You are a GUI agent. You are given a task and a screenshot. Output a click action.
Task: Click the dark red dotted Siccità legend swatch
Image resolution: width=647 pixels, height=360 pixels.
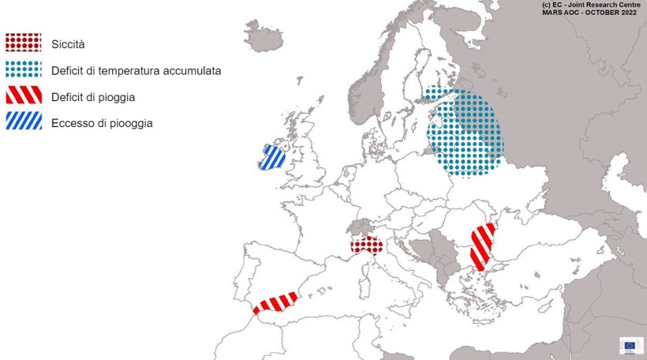24,43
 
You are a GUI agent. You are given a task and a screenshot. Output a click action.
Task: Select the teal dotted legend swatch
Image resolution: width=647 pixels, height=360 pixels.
24,69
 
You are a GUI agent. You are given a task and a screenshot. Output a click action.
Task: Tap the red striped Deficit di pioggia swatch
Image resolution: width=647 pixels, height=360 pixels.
24,96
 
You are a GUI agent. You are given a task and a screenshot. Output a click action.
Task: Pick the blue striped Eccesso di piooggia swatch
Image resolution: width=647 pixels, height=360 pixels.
24,122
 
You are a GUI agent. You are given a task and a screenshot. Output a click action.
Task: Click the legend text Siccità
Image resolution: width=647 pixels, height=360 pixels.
68,44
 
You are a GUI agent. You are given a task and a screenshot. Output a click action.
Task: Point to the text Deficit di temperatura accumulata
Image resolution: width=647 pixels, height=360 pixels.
136,70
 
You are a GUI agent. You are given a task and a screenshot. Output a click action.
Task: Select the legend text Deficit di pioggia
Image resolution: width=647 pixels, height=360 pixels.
93,96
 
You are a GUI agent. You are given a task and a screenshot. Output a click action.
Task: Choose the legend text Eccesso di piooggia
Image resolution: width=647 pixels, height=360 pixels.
102,123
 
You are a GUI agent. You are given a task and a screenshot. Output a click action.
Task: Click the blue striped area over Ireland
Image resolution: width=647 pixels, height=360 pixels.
272,156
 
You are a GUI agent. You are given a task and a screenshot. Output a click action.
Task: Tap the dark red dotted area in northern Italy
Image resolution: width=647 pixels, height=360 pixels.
366,246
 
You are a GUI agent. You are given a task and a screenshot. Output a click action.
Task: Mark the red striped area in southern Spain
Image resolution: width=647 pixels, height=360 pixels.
275,302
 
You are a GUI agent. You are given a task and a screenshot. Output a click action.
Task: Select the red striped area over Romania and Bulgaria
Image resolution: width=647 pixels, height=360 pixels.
481,246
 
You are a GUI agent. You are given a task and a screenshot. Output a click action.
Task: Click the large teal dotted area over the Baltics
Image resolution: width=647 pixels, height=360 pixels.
466,134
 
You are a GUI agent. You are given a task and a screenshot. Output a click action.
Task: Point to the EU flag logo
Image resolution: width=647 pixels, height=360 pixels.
630,346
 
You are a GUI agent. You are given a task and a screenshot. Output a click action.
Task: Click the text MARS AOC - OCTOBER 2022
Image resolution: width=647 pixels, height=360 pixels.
591,13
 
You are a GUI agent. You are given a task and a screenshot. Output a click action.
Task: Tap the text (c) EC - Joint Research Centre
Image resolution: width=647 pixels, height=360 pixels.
591,5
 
